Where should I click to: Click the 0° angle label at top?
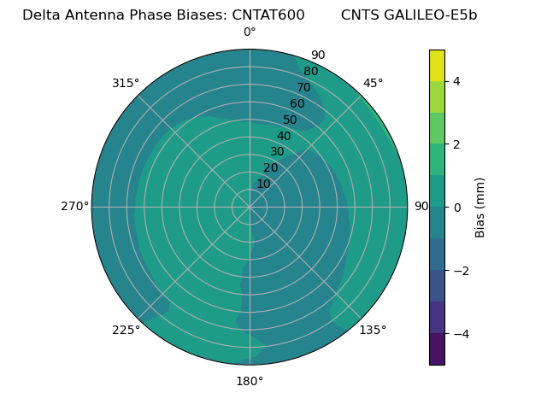click(x=250, y=32)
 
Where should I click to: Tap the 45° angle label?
click(x=373, y=83)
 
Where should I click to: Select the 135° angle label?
click(x=373, y=330)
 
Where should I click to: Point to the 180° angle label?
click(x=250, y=381)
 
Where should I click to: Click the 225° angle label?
click(x=126, y=330)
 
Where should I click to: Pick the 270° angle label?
click(x=75, y=206)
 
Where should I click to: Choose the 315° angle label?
click(x=126, y=83)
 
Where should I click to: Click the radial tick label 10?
click(x=263, y=184)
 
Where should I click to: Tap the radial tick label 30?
click(x=277, y=152)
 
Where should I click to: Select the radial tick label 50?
click(x=291, y=120)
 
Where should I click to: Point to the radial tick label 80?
click(x=311, y=71)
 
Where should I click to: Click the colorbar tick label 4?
click(x=456, y=81)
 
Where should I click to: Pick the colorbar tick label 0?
click(x=456, y=207)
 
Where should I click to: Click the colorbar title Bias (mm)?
click(x=480, y=207)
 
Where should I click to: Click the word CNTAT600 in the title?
click(x=268, y=15)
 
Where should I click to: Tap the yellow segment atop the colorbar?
click(x=437, y=65)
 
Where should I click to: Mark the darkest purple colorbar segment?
click(x=437, y=349)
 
